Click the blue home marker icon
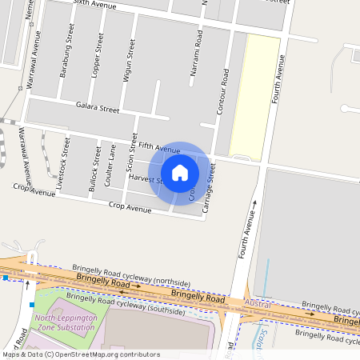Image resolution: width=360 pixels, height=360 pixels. [180, 172]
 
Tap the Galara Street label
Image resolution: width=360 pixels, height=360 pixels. [97, 106]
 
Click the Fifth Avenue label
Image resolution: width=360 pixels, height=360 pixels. [158, 148]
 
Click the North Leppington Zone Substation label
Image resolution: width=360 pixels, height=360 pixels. [66, 322]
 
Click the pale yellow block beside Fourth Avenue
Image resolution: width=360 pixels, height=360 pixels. [255, 94]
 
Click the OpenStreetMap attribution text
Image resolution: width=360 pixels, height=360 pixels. [80, 354]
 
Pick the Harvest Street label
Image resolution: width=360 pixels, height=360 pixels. [146, 178]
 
